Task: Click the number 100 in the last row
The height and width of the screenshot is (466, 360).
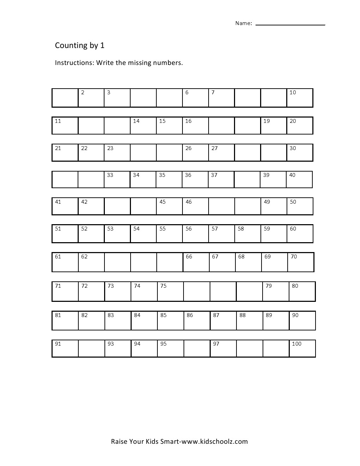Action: click(296, 344)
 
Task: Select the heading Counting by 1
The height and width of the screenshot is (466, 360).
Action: click(80, 46)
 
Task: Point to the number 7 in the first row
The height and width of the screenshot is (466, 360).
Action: click(213, 92)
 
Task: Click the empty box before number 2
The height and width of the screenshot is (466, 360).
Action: click(65, 98)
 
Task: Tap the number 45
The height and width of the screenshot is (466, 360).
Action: click(163, 202)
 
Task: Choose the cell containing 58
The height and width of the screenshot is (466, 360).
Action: click(247, 233)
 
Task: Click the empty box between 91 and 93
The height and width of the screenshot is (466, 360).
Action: click(91, 348)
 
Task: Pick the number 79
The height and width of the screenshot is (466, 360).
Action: click(269, 286)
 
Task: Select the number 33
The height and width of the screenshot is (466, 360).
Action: click(110, 175)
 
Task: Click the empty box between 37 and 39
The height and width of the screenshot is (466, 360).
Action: click(247, 179)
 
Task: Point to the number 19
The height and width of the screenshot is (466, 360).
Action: click(266, 121)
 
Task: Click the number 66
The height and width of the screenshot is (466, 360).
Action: click(189, 257)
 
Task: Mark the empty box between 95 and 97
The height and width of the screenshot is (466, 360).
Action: click(197, 348)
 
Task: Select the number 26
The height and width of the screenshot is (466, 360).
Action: click(188, 148)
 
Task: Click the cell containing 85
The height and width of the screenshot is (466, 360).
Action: click(170, 320)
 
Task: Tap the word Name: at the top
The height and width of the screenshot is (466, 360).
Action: click(244, 23)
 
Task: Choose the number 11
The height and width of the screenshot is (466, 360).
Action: click(58, 121)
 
